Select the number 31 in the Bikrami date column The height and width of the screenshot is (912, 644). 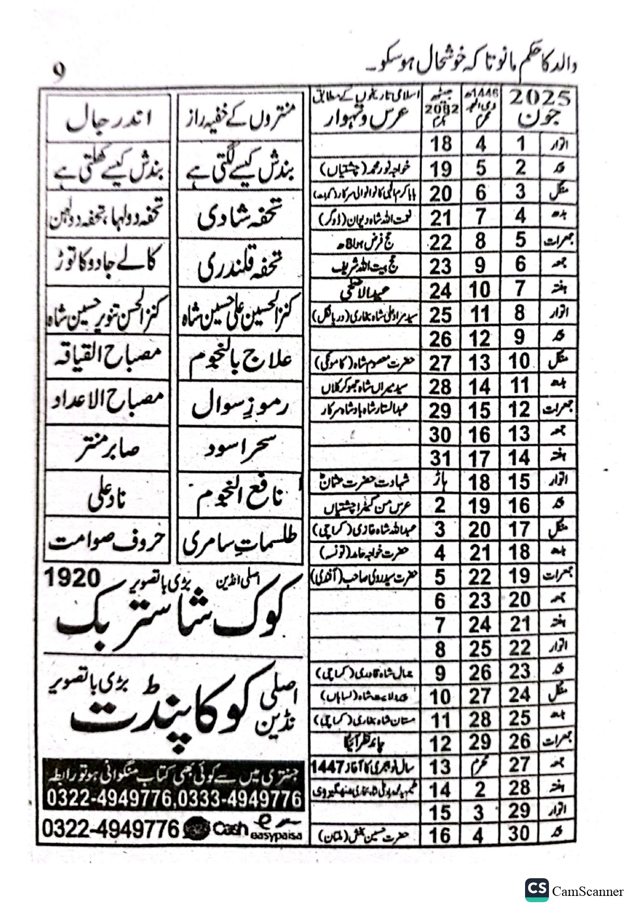440,458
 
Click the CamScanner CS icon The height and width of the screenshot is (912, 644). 536,890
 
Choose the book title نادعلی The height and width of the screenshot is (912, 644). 108,496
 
